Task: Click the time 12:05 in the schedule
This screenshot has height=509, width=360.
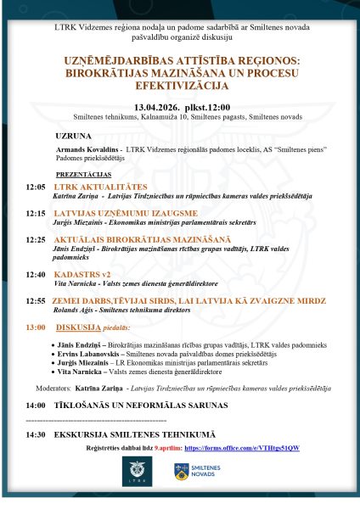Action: coord(36,187)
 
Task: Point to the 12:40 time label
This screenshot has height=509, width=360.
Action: coord(36,274)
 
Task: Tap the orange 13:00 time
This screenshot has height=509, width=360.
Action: coord(36,327)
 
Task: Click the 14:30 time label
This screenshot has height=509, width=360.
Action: coord(36,434)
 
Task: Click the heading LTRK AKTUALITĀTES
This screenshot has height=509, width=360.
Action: coord(100,187)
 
